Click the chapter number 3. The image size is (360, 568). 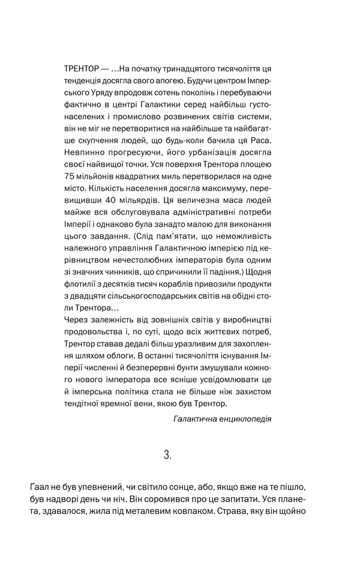[x=168, y=455]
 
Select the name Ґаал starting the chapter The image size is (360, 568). [x=39, y=485]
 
